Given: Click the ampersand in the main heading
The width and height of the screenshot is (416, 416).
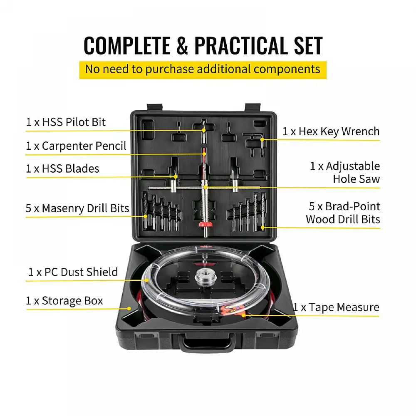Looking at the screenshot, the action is pos(182,45).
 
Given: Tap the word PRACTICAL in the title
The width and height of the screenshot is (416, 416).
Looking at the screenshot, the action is pos(241,45).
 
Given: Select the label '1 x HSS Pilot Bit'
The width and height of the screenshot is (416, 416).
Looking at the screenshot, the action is pos(66,122).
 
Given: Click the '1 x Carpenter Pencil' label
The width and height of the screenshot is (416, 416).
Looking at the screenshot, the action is pos(76,146).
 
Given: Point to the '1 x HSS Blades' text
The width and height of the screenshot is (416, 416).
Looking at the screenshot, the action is pos(63,168).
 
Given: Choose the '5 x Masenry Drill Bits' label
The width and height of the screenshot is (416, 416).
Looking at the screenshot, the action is pos(77,208).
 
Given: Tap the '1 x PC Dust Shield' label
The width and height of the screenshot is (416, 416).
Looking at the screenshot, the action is pos(73,272).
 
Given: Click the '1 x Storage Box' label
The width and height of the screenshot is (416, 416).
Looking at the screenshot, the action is pos(64,301).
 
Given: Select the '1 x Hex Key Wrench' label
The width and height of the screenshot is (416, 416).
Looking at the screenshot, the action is pos(331,131).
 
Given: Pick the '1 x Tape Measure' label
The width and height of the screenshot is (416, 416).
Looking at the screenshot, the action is pos(336,307).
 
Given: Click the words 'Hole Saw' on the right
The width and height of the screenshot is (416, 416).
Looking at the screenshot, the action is pos(357,179).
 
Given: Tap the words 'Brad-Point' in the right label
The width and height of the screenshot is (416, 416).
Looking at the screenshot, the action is pos(353,206).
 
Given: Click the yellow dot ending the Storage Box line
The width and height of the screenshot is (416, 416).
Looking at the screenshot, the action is pos(129,309).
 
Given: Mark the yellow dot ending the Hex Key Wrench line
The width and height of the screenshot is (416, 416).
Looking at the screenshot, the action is pos(262,139).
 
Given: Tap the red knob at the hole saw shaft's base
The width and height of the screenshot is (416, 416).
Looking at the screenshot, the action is pos(206,225).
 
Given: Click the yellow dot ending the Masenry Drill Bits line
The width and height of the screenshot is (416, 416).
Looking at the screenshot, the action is pos(145,216).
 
